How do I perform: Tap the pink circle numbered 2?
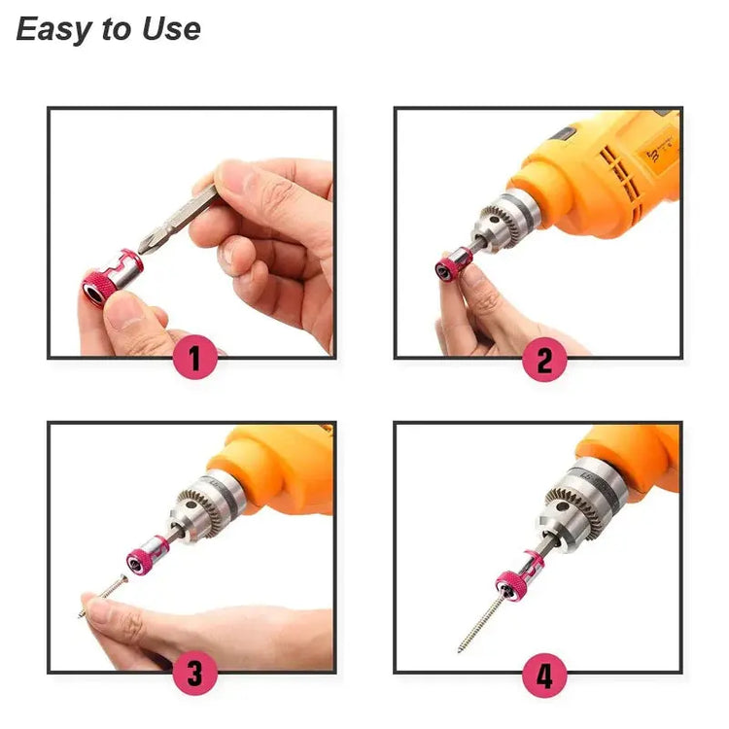coord(543,360)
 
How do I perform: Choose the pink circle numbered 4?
coord(543,674)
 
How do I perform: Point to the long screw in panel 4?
coord(482,621)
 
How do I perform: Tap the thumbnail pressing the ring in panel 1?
coord(125,309)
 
